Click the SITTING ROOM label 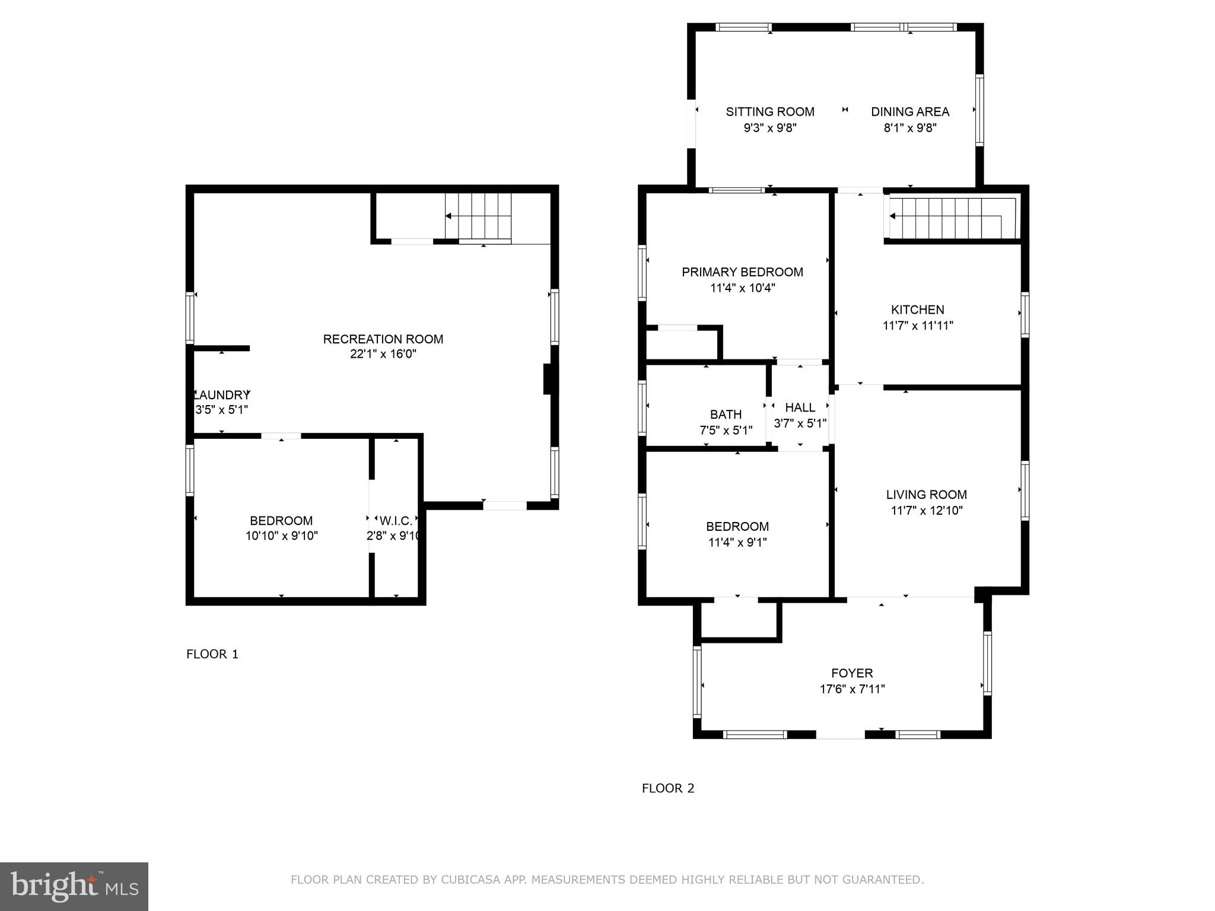click(770, 112)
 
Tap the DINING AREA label click(910, 112)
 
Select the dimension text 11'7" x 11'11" click(918, 325)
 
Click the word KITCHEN click(918, 310)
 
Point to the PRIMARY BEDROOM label click(742, 272)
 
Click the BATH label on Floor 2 click(726, 415)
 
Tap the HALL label click(800, 407)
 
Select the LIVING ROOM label click(926, 495)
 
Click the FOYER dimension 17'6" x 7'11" click(852, 689)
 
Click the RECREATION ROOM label click(383, 339)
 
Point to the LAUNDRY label click(222, 395)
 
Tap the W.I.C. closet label click(396, 521)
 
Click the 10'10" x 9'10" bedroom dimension click(281, 536)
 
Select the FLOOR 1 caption click(212, 654)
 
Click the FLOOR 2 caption click(668, 788)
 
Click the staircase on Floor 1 click(478, 216)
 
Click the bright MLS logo click(74, 887)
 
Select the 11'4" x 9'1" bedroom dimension click(737, 542)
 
